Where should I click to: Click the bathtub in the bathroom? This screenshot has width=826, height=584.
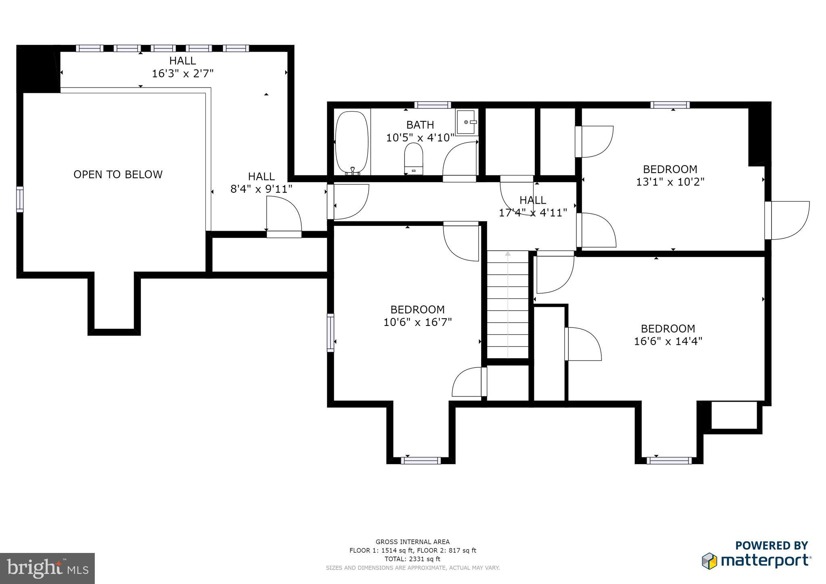click(x=352, y=143)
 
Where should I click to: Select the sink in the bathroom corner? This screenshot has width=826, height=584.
click(x=467, y=122)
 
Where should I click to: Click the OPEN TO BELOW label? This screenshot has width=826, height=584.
click(x=118, y=174)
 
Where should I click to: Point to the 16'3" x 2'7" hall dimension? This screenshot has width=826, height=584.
click(x=183, y=73)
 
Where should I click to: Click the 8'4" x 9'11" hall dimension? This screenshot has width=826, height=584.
click(x=261, y=189)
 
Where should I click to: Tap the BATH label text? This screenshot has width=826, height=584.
click(x=420, y=125)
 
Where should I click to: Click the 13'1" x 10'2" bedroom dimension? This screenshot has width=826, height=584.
click(x=670, y=182)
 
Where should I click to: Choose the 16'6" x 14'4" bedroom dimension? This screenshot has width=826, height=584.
click(x=668, y=341)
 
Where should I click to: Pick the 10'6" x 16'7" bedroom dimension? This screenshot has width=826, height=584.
click(x=417, y=322)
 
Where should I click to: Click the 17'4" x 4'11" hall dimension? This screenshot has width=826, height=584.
click(x=533, y=213)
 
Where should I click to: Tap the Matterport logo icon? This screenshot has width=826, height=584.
click(x=709, y=561)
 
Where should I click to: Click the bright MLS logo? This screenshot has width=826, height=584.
click(x=48, y=568)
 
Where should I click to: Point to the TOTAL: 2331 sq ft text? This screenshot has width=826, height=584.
click(x=413, y=559)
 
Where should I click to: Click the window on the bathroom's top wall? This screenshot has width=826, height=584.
click(x=432, y=105)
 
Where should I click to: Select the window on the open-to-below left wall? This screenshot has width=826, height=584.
click(x=20, y=199)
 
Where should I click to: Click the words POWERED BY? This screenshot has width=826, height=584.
click(x=772, y=545)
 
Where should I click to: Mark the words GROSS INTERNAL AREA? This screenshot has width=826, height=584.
click(x=413, y=542)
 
